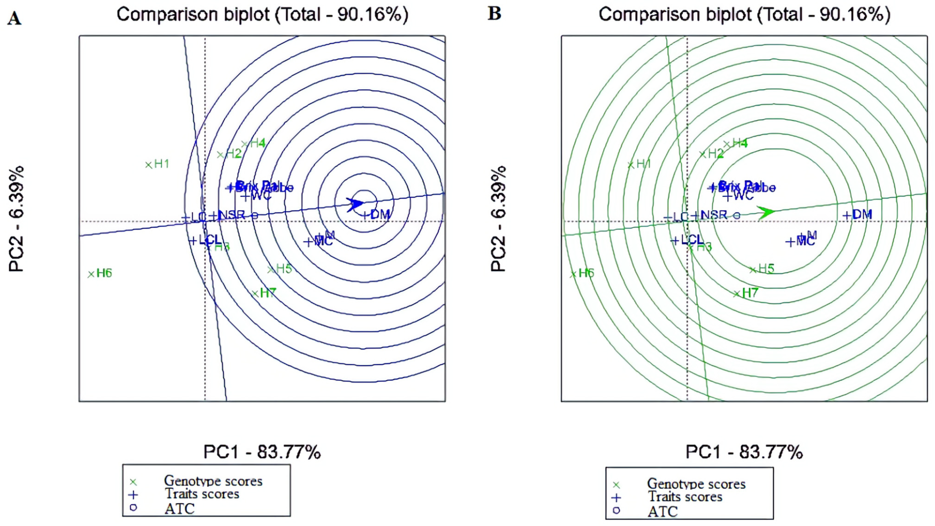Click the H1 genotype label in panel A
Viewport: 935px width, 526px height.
click(x=162, y=164)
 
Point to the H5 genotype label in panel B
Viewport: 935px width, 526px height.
click(x=766, y=269)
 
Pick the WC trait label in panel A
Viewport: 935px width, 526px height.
click(x=261, y=196)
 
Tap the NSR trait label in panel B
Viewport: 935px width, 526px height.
click(x=714, y=215)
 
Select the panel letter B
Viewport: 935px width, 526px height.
click(x=494, y=14)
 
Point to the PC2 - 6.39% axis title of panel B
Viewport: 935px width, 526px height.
click(x=498, y=219)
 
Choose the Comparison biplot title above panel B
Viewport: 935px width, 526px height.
click(x=744, y=15)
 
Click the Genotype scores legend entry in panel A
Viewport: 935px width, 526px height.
click(x=213, y=481)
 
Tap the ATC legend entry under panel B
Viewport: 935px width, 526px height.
click(x=662, y=511)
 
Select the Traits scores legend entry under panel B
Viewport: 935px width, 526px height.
click(x=685, y=497)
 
